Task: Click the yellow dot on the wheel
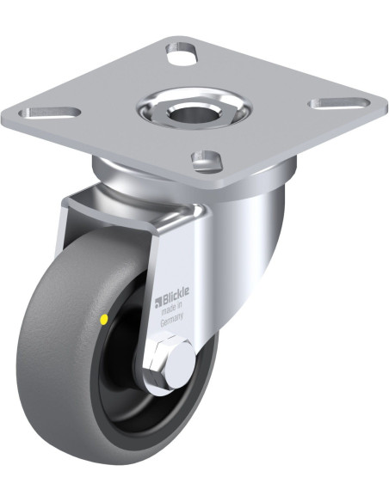[104, 319]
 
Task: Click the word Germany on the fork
[172, 321]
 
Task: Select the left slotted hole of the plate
[49, 113]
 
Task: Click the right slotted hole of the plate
[339, 104]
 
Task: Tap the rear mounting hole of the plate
[181, 51]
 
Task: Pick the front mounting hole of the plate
[207, 159]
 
